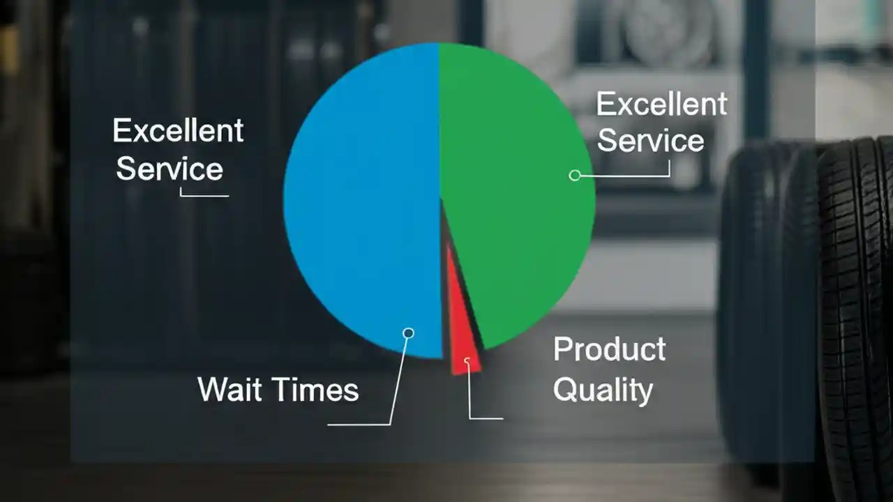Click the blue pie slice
tap(363, 202)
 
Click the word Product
tap(609, 349)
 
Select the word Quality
tap(603, 390)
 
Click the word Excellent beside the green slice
tap(661, 105)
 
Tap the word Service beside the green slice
tap(650, 141)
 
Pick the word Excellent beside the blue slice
tap(178, 130)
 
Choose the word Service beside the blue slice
tap(169, 169)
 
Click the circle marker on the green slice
tap(575, 175)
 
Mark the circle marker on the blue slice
tap(409, 333)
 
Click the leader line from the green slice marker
tap(628, 176)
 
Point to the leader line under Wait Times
tap(359, 423)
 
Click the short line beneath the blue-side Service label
tap(204, 195)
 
